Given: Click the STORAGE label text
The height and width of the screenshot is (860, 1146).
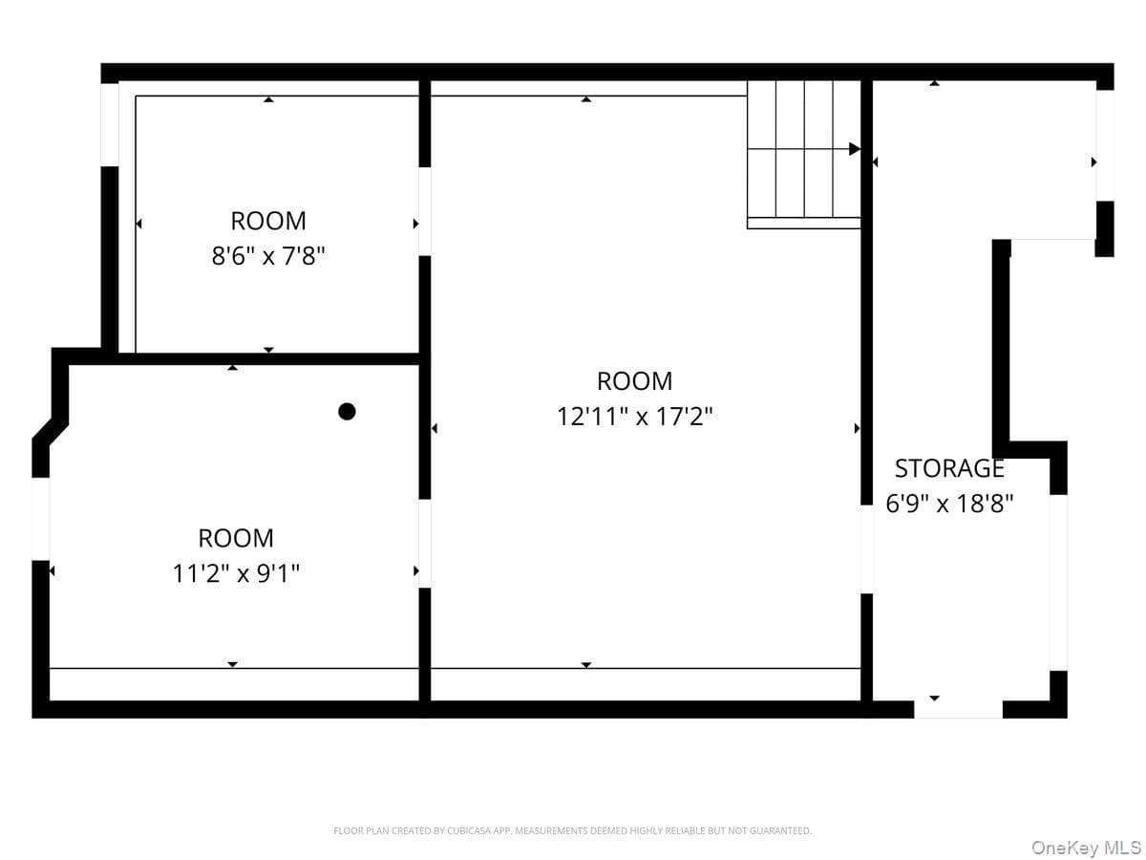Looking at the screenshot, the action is tap(948, 468).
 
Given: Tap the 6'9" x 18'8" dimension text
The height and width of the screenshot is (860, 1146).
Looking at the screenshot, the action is tap(948, 504).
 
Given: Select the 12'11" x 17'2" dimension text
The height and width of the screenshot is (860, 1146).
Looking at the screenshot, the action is tap(634, 417).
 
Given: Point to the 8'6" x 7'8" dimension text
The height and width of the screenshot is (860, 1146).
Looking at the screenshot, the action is tap(267, 256).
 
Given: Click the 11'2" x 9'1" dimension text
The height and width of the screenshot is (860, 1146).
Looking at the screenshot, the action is tap(236, 573).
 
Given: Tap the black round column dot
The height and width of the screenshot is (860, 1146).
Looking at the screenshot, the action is tap(347, 412).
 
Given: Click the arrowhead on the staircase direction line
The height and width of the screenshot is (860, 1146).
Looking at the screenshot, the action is tap(854, 149).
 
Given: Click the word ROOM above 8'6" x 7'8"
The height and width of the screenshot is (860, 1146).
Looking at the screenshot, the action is tap(267, 221).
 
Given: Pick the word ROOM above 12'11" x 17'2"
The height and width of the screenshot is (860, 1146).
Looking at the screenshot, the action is tap(634, 380).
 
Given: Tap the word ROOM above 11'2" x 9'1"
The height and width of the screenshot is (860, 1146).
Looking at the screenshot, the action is tap(236, 538).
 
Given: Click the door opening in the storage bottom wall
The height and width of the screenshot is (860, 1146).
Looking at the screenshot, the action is tap(958, 709).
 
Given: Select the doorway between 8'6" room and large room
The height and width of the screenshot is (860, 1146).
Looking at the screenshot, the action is tap(424, 211).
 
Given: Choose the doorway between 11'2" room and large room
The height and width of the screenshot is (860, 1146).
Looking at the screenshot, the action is tap(424, 544).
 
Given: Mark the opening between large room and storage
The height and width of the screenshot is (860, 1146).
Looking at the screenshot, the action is tap(866, 548).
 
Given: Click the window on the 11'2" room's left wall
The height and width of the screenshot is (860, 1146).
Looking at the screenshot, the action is tap(41, 519).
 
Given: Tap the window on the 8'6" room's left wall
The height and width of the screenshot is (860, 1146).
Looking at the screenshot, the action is tap(110, 125).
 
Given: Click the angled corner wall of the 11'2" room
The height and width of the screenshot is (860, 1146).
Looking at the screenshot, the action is tap(50, 431).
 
